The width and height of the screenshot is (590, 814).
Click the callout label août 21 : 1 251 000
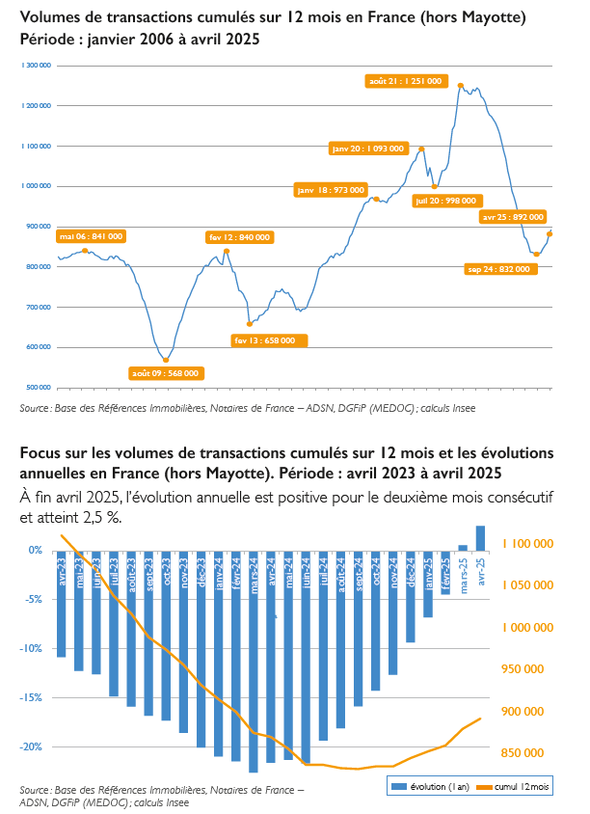tap(405, 81)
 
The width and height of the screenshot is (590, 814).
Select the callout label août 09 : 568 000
tap(166, 373)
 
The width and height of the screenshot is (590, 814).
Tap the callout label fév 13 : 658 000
tap(270, 339)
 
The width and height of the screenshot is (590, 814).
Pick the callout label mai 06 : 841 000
tap(91, 235)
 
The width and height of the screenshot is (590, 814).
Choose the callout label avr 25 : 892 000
tap(513, 217)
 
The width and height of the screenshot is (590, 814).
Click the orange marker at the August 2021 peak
tap(460, 86)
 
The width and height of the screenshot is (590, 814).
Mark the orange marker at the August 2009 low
tap(166, 360)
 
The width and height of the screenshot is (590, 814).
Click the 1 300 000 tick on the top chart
tap(35, 65)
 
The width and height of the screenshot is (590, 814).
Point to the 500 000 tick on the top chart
tap(37, 388)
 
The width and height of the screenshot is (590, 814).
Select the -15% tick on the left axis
tap(34, 697)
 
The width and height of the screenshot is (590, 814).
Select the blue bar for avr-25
tap(480, 538)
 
